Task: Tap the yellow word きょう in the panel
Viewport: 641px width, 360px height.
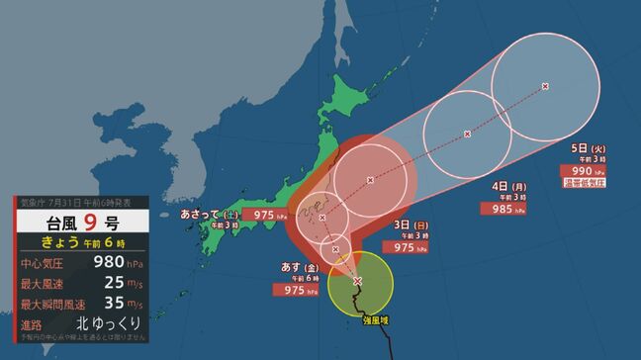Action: click(61, 242)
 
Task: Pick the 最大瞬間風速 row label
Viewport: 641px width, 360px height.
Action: click(50, 304)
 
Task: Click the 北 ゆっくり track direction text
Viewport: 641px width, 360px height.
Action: click(108, 323)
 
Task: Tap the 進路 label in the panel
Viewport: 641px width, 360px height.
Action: click(32, 323)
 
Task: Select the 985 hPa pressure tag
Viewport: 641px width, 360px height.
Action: click(502, 209)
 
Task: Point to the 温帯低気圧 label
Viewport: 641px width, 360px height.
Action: click(584, 183)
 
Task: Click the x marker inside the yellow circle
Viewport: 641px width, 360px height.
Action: click(357, 282)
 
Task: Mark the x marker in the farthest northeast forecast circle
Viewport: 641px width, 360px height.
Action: click(546, 87)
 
